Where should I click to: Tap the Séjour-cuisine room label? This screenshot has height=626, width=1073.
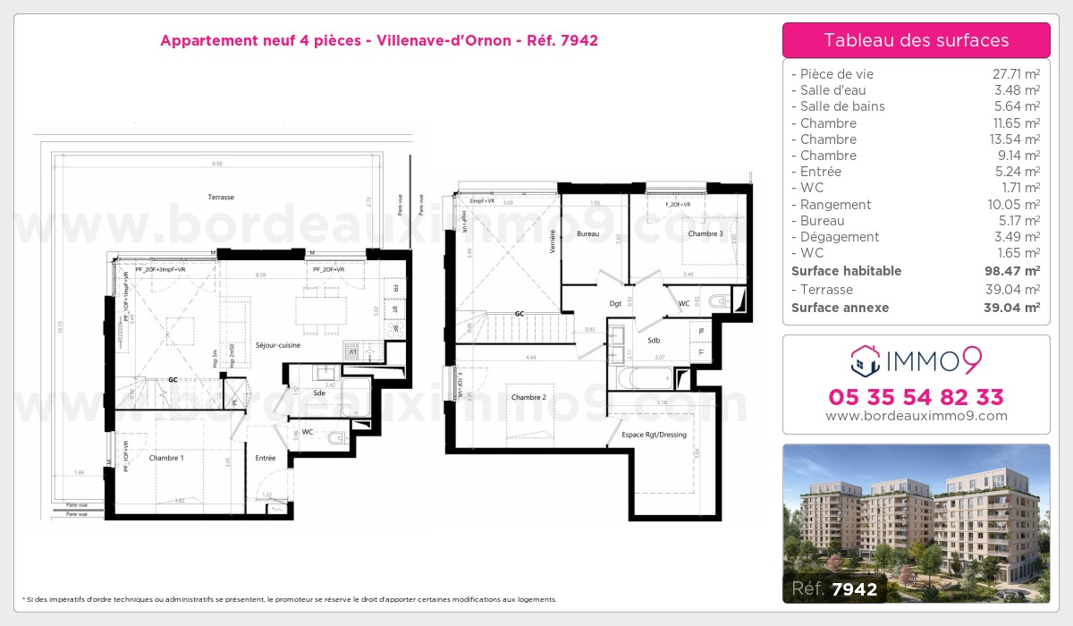tap(278, 344)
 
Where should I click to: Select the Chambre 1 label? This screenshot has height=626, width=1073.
tap(166, 458)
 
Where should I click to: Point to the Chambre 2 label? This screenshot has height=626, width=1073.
tap(528, 397)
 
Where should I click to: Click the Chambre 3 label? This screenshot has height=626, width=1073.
tap(705, 233)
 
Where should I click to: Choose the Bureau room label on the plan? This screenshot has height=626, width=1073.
tap(587, 233)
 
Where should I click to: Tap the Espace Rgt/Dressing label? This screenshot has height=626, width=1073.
tap(654, 435)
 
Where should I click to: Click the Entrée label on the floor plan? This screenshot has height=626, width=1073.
tap(266, 458)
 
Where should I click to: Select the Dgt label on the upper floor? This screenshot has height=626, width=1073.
tap(615, 304)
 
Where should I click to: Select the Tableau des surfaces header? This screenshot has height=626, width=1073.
tap(916, 40)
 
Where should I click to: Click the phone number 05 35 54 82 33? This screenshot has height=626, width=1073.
tap(916, 397)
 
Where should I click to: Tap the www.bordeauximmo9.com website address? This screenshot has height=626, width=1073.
tap(916, 416)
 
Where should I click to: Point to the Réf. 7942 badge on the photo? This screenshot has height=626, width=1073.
tap(835, 588)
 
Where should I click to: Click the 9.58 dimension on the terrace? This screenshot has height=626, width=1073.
tap(217, 164)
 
